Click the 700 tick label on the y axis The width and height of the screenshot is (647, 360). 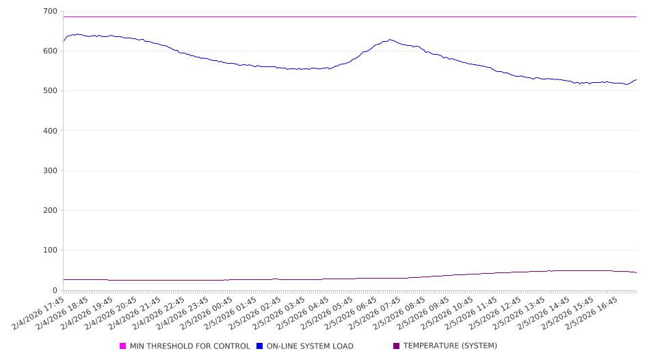[x=49, y=12]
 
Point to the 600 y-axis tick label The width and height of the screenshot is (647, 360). [x=49, y=51]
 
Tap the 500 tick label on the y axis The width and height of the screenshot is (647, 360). [x=49, y=91]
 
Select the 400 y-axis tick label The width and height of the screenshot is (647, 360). [x=49, y=131]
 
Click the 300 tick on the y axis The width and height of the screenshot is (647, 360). [x=49, y=170]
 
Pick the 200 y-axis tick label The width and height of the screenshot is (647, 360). [x=49, y=211]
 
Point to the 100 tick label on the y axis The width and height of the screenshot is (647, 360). [x=49, y=250]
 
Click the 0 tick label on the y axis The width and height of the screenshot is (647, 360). [x=55, y=290]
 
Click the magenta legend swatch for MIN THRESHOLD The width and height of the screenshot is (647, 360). [x=123, y=346]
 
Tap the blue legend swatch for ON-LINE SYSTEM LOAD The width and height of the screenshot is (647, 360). [x=260, y=346]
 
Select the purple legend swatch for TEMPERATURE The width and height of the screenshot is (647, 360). [x=397, y=346]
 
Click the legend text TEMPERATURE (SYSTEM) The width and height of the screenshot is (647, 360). [x=450, y=346]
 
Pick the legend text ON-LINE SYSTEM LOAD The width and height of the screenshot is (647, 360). [x=310, y=346]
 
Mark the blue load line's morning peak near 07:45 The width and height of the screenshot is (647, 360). [x=390, y=40]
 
